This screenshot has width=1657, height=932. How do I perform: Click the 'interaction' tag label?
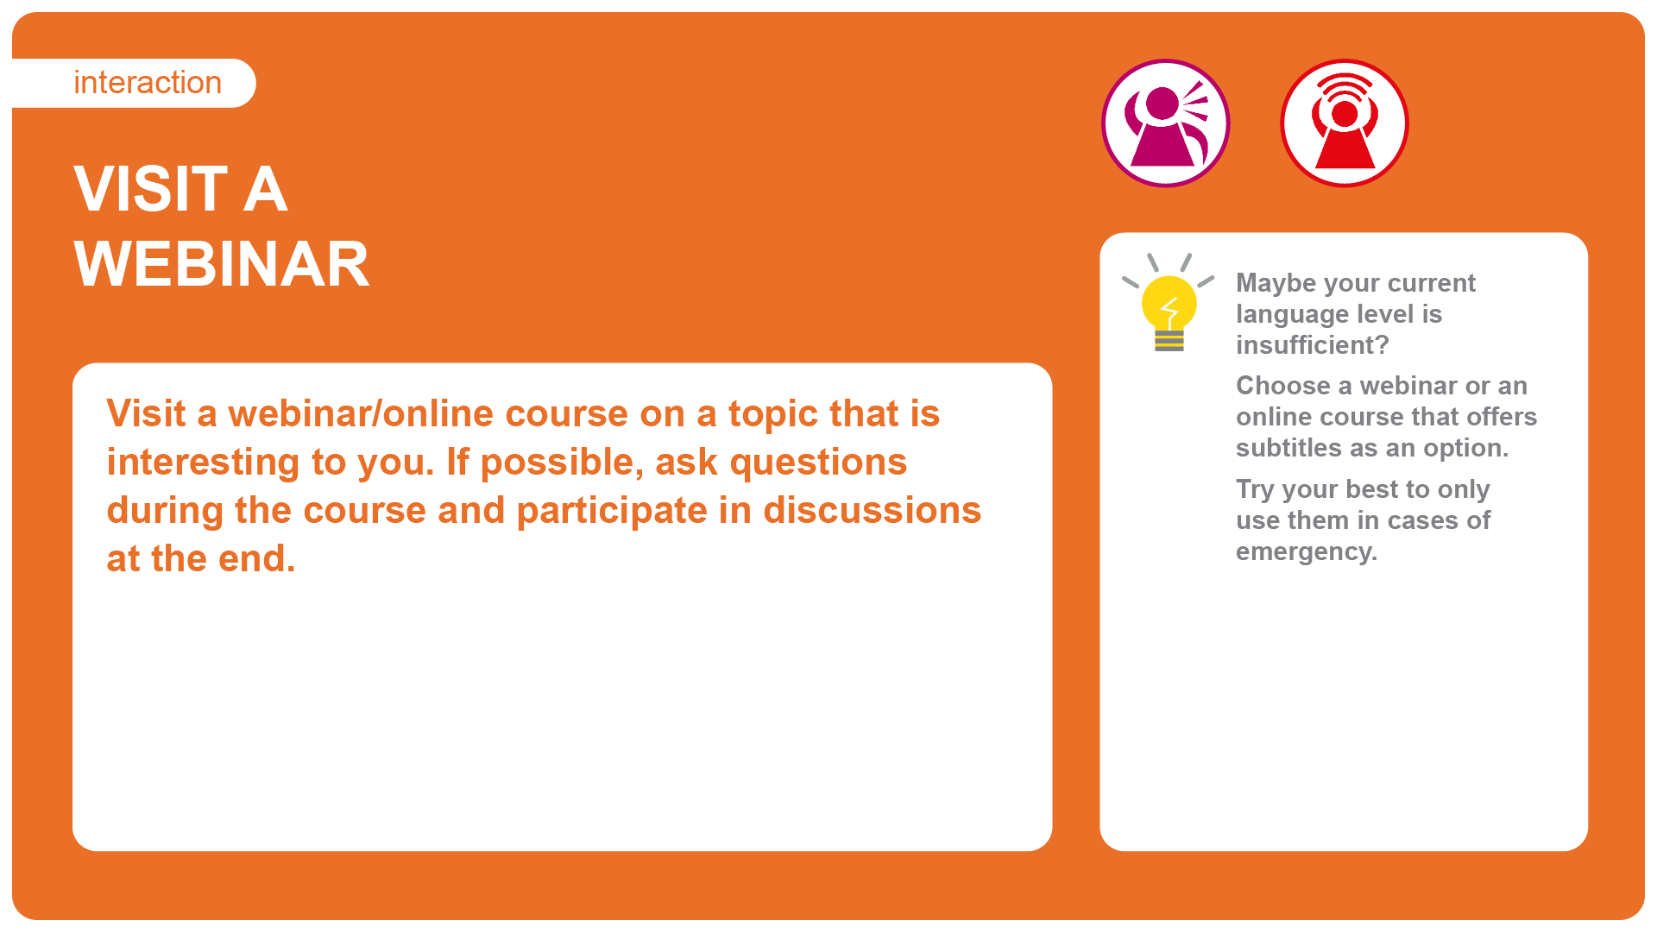(x=148, y=83)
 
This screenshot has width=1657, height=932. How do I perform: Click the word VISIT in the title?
(x=151, y=189)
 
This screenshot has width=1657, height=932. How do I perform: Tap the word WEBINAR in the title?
(x=222, y=264)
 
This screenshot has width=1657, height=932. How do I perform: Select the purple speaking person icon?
(x=1166, y=123)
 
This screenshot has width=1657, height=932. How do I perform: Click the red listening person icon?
(x=1345, y=123)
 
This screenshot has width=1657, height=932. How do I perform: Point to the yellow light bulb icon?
(x=1169, y=302)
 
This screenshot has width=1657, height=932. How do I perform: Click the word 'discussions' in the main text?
(x=873, y=511)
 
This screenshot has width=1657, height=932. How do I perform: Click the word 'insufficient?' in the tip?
(x=1313, y=345)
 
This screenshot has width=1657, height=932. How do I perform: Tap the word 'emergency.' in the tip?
(x=1307, y=552)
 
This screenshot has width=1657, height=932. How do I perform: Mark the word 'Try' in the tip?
(x=1255, y=490)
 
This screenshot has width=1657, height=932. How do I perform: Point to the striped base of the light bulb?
(x=1169, y=341)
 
